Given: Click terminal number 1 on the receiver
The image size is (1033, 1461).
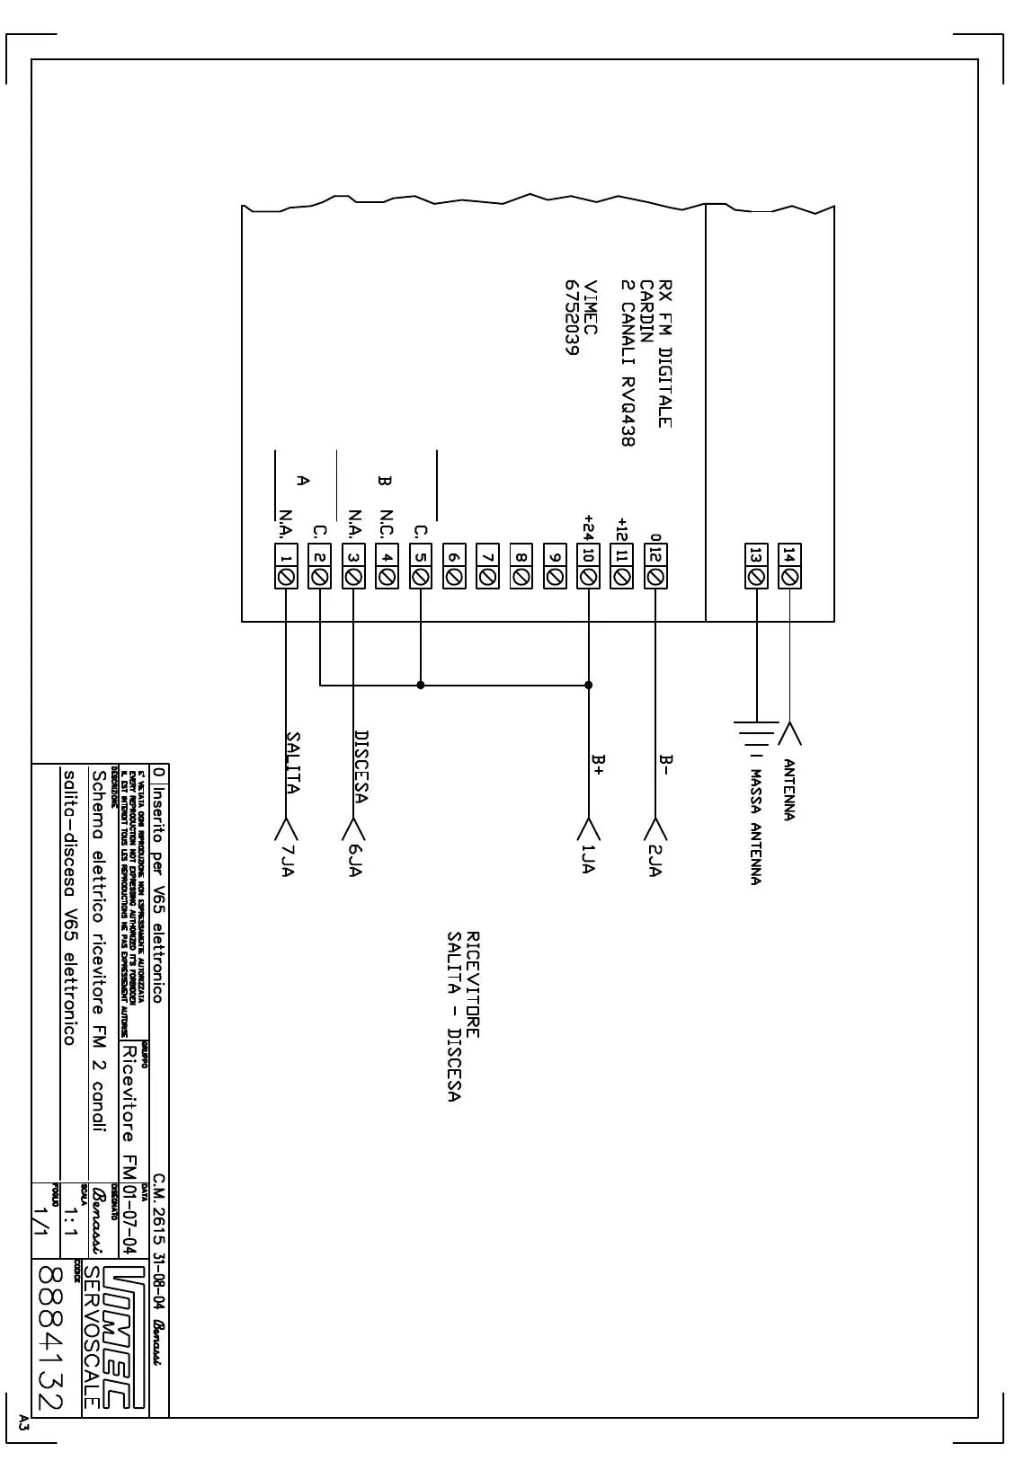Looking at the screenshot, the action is coord(286,567).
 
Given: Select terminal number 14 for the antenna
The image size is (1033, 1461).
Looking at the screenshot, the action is coord(789,567).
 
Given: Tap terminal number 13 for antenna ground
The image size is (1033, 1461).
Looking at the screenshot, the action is coord(756,567).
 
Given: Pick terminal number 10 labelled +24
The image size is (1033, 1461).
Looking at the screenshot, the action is coord(589,567).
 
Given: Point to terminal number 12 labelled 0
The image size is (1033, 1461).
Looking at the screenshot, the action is coord(655,567).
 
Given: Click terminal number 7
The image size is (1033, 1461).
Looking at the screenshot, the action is coord(487,567).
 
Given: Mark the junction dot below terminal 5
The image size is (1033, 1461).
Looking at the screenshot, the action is coord(421,685).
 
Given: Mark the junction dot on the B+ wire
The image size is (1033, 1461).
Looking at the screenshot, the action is coord(589,685).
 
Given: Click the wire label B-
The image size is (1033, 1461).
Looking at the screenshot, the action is coord(666,765).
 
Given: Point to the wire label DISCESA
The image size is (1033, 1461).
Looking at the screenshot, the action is coord(361,766).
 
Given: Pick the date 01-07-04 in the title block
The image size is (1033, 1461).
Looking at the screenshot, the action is coord(129,1220).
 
